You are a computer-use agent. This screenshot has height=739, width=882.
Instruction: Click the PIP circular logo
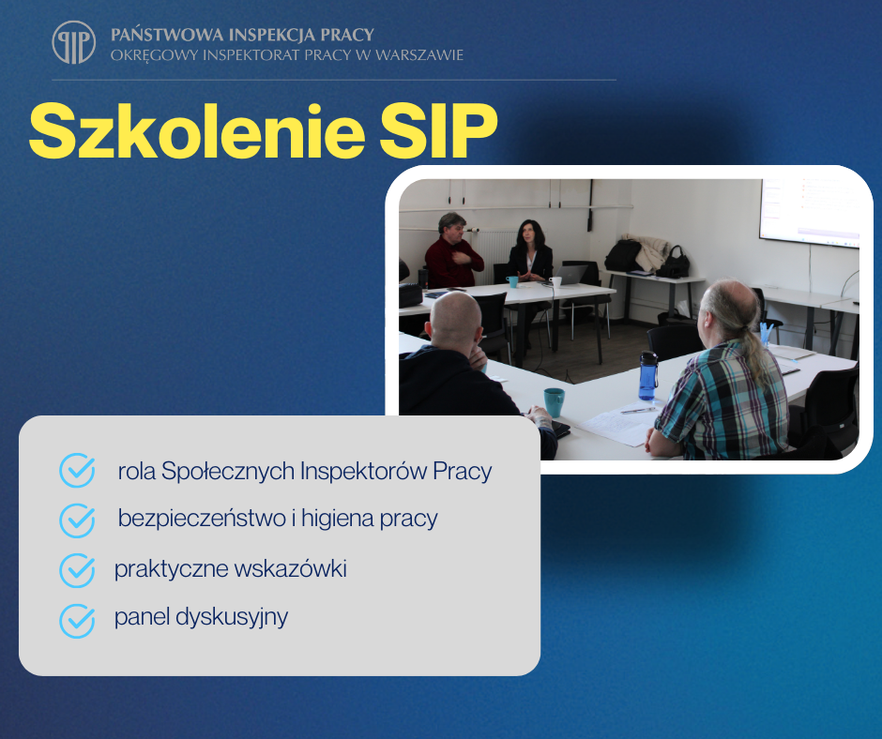coord(74,43)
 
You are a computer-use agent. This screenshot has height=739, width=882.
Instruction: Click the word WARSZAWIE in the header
coord(419,55)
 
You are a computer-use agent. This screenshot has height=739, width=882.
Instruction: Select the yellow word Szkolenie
coord(197,131)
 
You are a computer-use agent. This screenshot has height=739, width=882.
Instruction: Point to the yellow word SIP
coord(439,131)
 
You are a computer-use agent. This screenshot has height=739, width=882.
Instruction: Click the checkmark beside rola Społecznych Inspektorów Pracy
coord(77,470)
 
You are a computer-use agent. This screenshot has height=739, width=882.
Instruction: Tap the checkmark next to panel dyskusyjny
coord(77,621)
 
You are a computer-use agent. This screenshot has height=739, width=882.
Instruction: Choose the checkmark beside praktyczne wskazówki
coord(77,570)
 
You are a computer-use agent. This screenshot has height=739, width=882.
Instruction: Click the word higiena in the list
coord(338,518)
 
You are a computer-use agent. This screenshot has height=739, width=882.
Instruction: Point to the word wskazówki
coord(290,568)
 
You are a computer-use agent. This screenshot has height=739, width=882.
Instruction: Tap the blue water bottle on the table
coord(648,376)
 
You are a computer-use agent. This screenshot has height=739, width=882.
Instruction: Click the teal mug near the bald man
coord(554,402)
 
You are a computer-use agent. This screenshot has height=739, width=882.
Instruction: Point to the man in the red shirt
coord(453,252)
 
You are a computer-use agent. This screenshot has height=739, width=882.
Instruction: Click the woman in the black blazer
coord(529,251)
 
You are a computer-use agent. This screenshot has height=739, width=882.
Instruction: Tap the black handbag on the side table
coord(674,263)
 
